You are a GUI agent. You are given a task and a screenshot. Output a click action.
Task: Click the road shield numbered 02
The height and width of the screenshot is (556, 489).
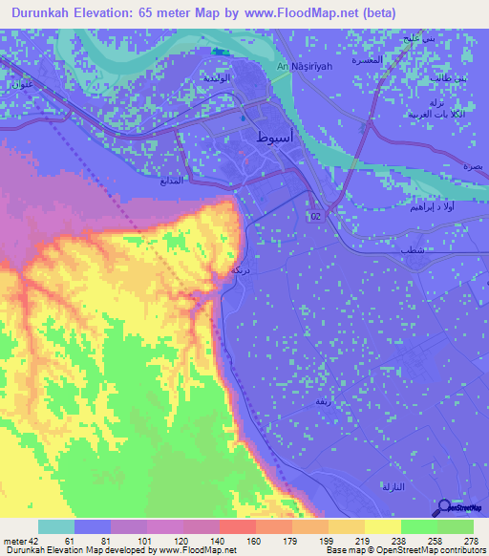coord(315,218)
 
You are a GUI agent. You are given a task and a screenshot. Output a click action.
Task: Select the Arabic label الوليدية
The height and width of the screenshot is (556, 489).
coord(219,78)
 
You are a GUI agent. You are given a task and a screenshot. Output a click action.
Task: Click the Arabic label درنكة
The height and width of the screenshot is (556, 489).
coord(241,271)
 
